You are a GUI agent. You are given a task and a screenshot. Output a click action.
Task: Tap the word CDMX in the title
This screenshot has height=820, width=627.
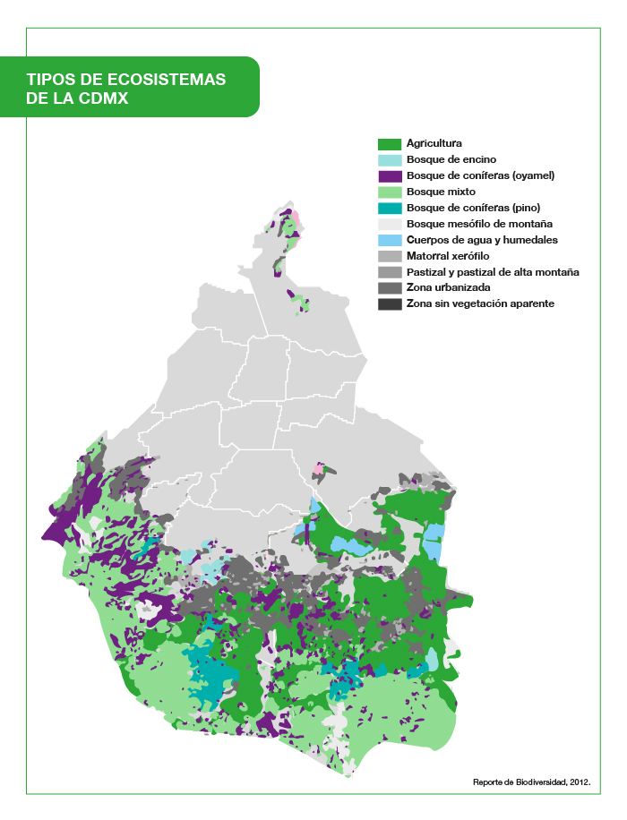103,98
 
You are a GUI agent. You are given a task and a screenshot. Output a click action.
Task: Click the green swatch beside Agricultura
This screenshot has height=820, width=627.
389,144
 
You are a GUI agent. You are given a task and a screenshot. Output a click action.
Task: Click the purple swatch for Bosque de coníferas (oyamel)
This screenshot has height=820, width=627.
389,176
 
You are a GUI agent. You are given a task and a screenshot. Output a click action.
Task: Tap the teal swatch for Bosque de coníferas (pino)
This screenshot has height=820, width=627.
389,209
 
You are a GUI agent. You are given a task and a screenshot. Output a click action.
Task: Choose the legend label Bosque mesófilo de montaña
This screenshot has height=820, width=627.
479,224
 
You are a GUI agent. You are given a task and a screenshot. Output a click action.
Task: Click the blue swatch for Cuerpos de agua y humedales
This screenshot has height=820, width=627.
389,240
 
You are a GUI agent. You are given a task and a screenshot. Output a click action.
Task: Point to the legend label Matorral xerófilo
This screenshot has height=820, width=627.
448,256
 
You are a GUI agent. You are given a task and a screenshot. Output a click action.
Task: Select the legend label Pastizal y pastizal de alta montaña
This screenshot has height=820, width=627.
493,272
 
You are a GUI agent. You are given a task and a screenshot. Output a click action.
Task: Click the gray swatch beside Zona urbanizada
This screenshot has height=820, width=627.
389,288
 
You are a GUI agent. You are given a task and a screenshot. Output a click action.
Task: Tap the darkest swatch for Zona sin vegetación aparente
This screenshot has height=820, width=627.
389,304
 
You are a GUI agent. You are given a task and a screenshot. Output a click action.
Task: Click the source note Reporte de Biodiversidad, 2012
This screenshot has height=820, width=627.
531,782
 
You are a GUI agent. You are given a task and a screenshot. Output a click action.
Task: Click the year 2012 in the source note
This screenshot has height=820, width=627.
578,782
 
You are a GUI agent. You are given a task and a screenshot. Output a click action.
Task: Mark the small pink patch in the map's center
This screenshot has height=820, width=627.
319,468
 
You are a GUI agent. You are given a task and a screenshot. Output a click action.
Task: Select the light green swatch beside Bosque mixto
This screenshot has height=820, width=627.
389,192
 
